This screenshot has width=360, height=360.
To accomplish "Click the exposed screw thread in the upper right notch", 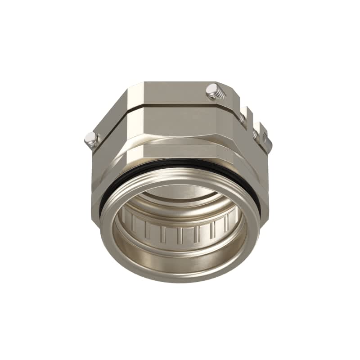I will coord(243,118).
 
